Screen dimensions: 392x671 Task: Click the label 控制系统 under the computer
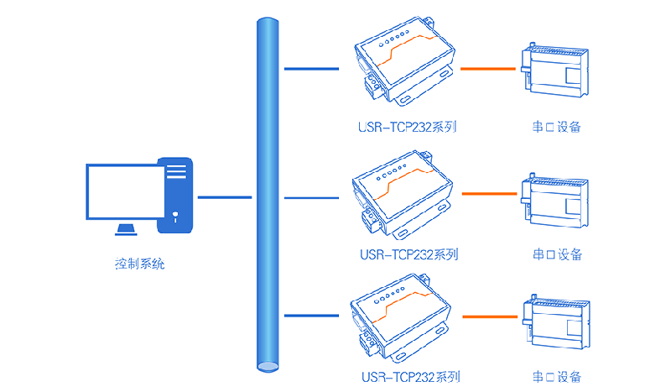[x=140, y=264]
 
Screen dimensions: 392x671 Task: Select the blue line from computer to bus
[x=224, y=198]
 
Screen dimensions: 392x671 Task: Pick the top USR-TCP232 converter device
[x=403, y=64]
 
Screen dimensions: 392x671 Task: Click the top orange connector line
[x=486, y=69]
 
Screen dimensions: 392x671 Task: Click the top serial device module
[x=556, y=70]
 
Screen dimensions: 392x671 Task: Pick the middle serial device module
[x=556, y=199]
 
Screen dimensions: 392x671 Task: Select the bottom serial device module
[x=556, y=321]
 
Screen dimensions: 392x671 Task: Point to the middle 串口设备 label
[x=556, y=253]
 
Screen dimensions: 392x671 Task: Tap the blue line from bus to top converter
[x=311, y=69]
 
